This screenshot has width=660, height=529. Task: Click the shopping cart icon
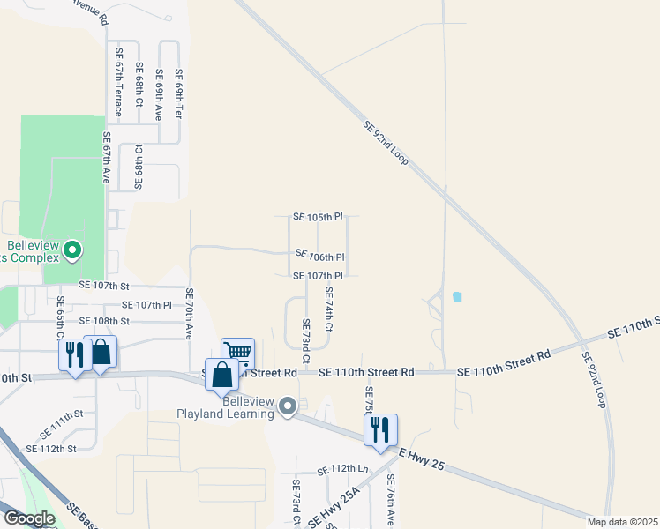237,353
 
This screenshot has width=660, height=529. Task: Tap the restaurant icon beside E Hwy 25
380,429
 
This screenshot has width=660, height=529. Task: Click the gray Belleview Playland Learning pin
287,406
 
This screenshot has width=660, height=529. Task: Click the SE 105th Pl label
318,217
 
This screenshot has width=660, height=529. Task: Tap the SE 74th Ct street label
329,309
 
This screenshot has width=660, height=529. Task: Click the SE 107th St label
104,286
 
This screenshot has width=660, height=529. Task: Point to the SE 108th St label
104,321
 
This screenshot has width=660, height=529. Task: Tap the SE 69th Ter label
178,94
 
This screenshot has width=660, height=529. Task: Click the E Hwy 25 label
423,458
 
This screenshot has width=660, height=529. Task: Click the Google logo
29,518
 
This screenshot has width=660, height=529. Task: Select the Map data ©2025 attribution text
623,522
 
